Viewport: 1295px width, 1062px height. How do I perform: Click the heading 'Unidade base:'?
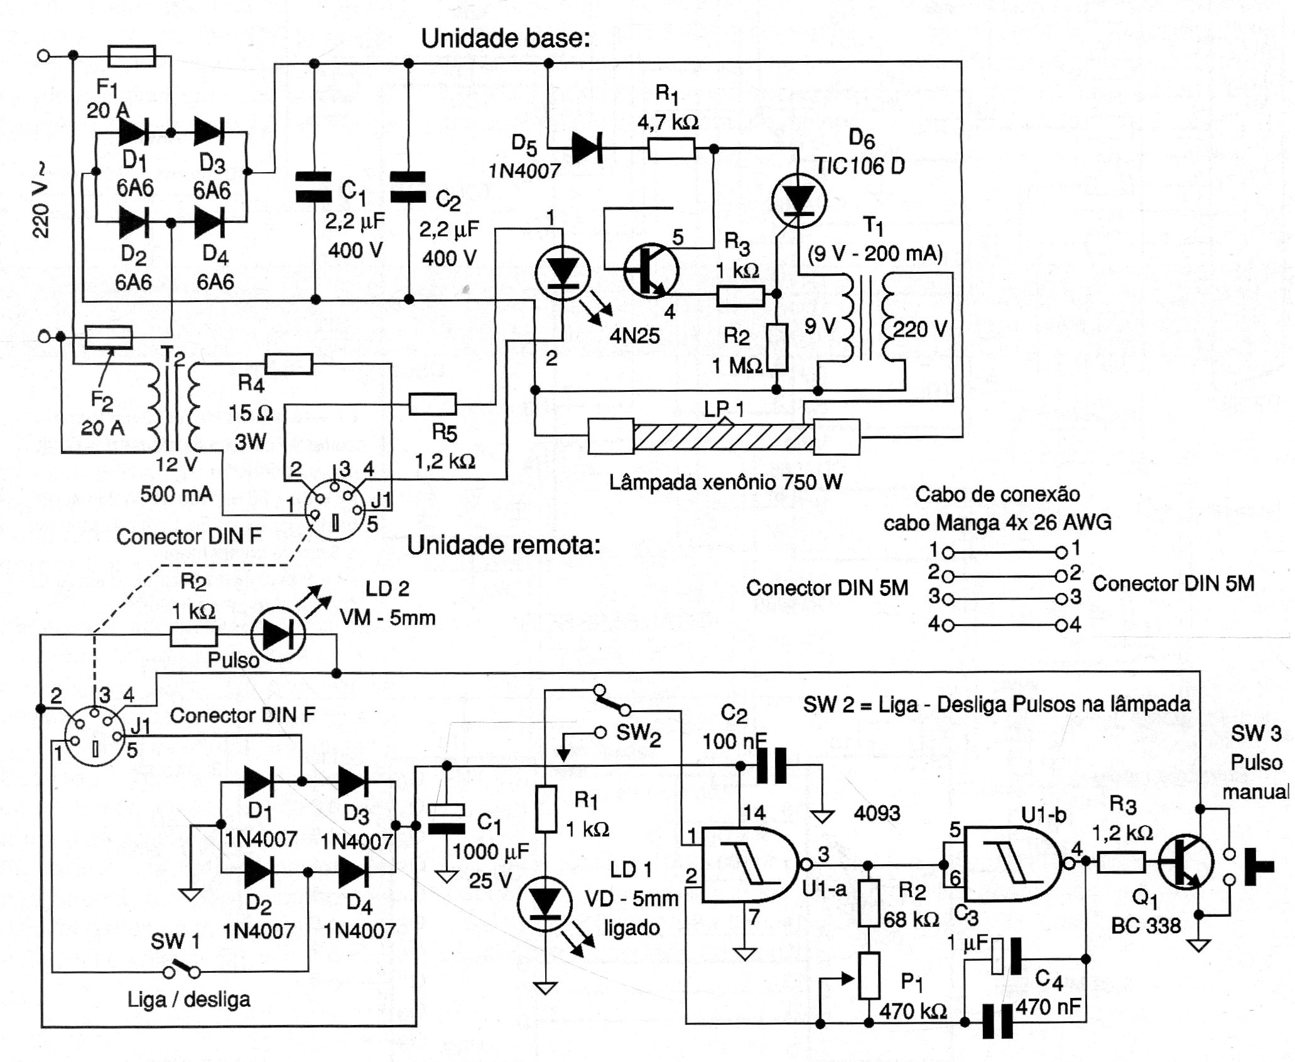[506, 39]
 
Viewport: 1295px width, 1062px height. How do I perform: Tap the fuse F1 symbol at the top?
[132, 56]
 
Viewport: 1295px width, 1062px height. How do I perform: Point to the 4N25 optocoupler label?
[634, 336]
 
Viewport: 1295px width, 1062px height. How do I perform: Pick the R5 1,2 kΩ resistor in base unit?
[432, 404]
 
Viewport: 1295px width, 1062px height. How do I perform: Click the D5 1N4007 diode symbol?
[587, 149]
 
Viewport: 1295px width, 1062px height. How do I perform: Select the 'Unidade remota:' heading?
[504, 545]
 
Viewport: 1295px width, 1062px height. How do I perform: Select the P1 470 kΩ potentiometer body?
[869, 975]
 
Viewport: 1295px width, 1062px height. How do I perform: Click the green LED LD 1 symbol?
[544, 906]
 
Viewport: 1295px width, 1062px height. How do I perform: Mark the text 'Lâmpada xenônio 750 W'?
[725, 482]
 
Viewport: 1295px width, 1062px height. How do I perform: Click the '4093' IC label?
[877, 814]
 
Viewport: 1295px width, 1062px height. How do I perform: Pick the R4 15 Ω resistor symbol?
[289, 364]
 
